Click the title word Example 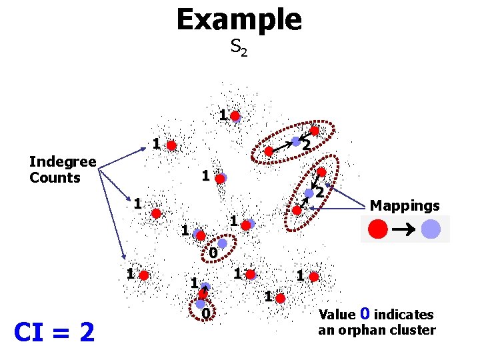click(239, 19)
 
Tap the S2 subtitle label click(239, 47)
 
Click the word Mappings click(405, 205)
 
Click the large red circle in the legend click(377, 229)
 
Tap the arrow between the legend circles click(405, 229)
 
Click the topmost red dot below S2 click(235, 116)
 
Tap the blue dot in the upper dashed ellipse click(295, 141)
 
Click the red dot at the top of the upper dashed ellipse click(314, 131)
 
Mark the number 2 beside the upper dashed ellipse click(305, 145)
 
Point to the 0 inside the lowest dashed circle click(206, 313)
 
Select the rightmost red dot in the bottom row click(314, 276)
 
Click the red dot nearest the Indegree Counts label click(171, 145)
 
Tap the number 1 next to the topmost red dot click(223, 115)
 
